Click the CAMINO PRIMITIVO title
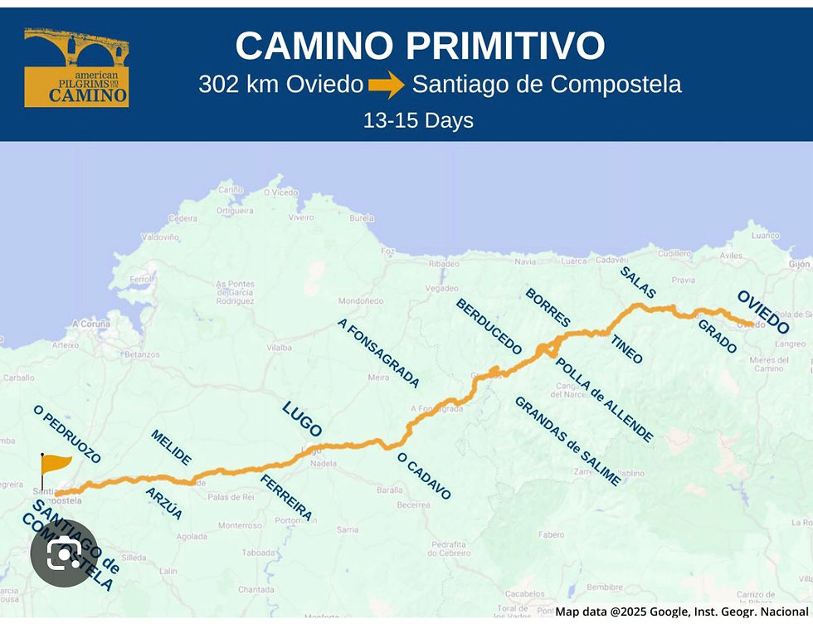[420, 46]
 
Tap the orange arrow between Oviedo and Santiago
[386, 85]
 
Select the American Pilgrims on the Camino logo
[76, 68]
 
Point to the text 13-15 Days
[418, 120]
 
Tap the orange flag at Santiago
[55, 465]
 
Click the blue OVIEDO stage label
[763, 311]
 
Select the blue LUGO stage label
[302, 418]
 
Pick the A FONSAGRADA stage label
[378, 353]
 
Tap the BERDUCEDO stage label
[489, 326]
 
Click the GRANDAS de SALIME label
[567, 440]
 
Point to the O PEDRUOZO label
[67, 434]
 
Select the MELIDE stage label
[171, 447]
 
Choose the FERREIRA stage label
[286, 497]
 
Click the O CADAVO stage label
[424, 475]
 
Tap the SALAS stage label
[638, 282]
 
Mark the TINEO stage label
[626, 349]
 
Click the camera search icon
[64, 553]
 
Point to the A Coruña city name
[91, 324]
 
